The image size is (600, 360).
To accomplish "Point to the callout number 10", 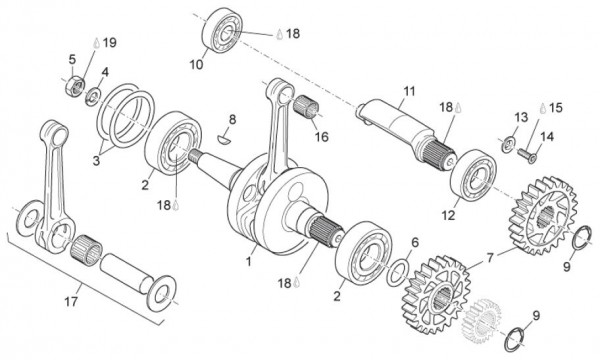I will pos(196,64).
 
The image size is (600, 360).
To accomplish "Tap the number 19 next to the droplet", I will pos(109,42).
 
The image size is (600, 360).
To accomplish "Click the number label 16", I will pos(322,135).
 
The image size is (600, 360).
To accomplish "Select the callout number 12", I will pos(448,215).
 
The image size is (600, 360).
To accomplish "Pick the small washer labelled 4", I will pos(92,95).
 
